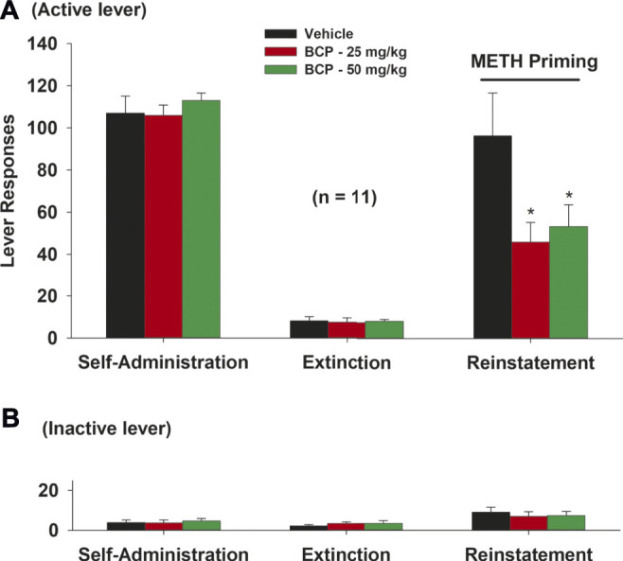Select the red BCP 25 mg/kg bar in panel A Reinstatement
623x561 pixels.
[529, 289]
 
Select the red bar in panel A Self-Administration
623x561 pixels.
[163, 226]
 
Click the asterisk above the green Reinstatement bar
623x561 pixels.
[568, 195]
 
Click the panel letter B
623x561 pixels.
[10, 416]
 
